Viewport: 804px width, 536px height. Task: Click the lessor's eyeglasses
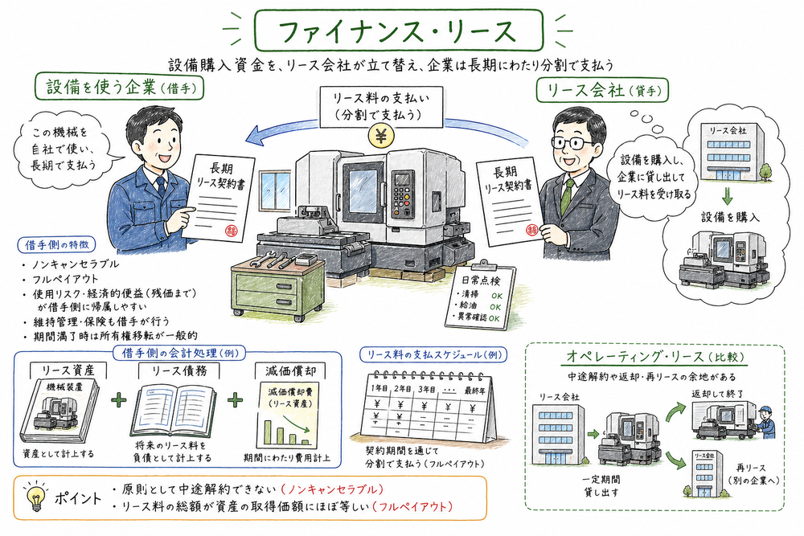pyautogui.click(x=577, y=143)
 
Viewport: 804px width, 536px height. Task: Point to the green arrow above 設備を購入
pyautogui.click(x=726, y=196)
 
